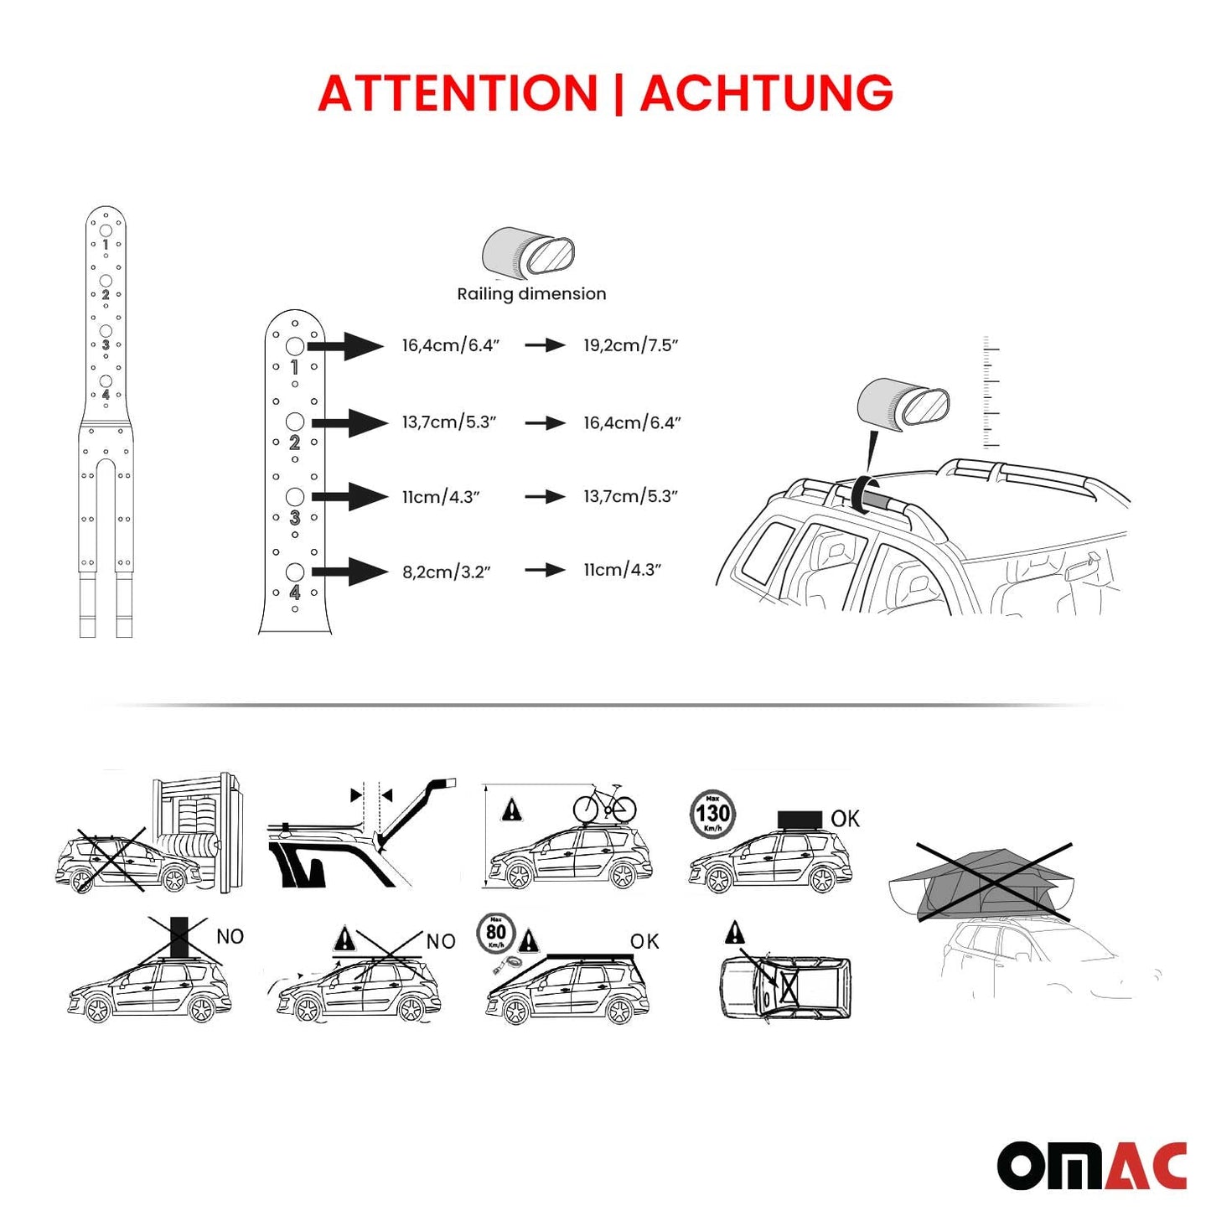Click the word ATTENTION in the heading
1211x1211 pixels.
457,93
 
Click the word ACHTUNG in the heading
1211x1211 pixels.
767,93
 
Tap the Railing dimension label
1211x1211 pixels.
531,294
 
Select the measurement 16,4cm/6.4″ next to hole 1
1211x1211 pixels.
451,345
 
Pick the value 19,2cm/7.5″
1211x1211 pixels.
631,345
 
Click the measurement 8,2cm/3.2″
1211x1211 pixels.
446,572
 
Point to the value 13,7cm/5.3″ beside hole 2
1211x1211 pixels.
449,422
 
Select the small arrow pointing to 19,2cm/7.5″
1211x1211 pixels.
545,345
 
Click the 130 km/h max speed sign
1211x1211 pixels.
712,813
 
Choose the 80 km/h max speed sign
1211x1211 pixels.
496,934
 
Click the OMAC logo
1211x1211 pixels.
1091,1165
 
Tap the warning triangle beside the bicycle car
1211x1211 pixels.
511,810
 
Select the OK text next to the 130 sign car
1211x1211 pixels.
845,819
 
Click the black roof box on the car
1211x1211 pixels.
800,819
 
